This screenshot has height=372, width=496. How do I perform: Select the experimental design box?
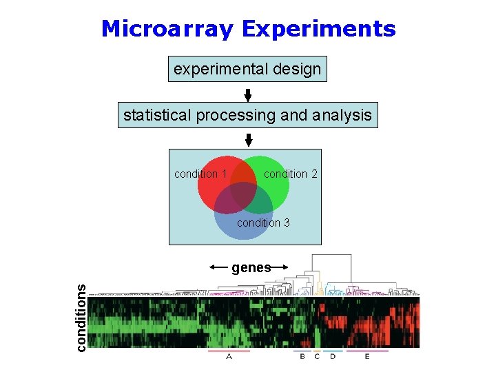pos(247,69)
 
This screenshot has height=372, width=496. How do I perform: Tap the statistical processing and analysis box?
pos(247,115)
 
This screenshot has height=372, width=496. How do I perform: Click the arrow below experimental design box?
pos(248,94)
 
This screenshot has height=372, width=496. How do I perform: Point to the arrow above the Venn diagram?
pos(249,139)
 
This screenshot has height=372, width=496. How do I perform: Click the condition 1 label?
pos(200,174)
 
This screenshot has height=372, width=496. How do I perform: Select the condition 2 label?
pos(291,174)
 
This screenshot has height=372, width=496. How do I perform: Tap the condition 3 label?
pos(263,223)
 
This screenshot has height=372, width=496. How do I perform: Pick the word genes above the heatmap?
pos(251,268)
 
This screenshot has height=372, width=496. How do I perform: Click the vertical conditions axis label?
pos(81,318)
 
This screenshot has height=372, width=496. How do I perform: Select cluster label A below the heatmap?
pos(229,357)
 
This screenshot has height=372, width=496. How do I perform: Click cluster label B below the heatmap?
pos(302,357)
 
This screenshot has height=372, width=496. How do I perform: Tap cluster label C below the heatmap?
pos(317,357)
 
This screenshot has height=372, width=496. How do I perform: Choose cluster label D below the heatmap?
pos(333,357)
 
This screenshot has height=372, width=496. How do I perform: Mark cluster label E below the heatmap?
pos(367,357)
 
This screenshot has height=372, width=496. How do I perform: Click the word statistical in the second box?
pos(158,115)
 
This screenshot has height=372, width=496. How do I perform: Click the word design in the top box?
pos(297,69)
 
